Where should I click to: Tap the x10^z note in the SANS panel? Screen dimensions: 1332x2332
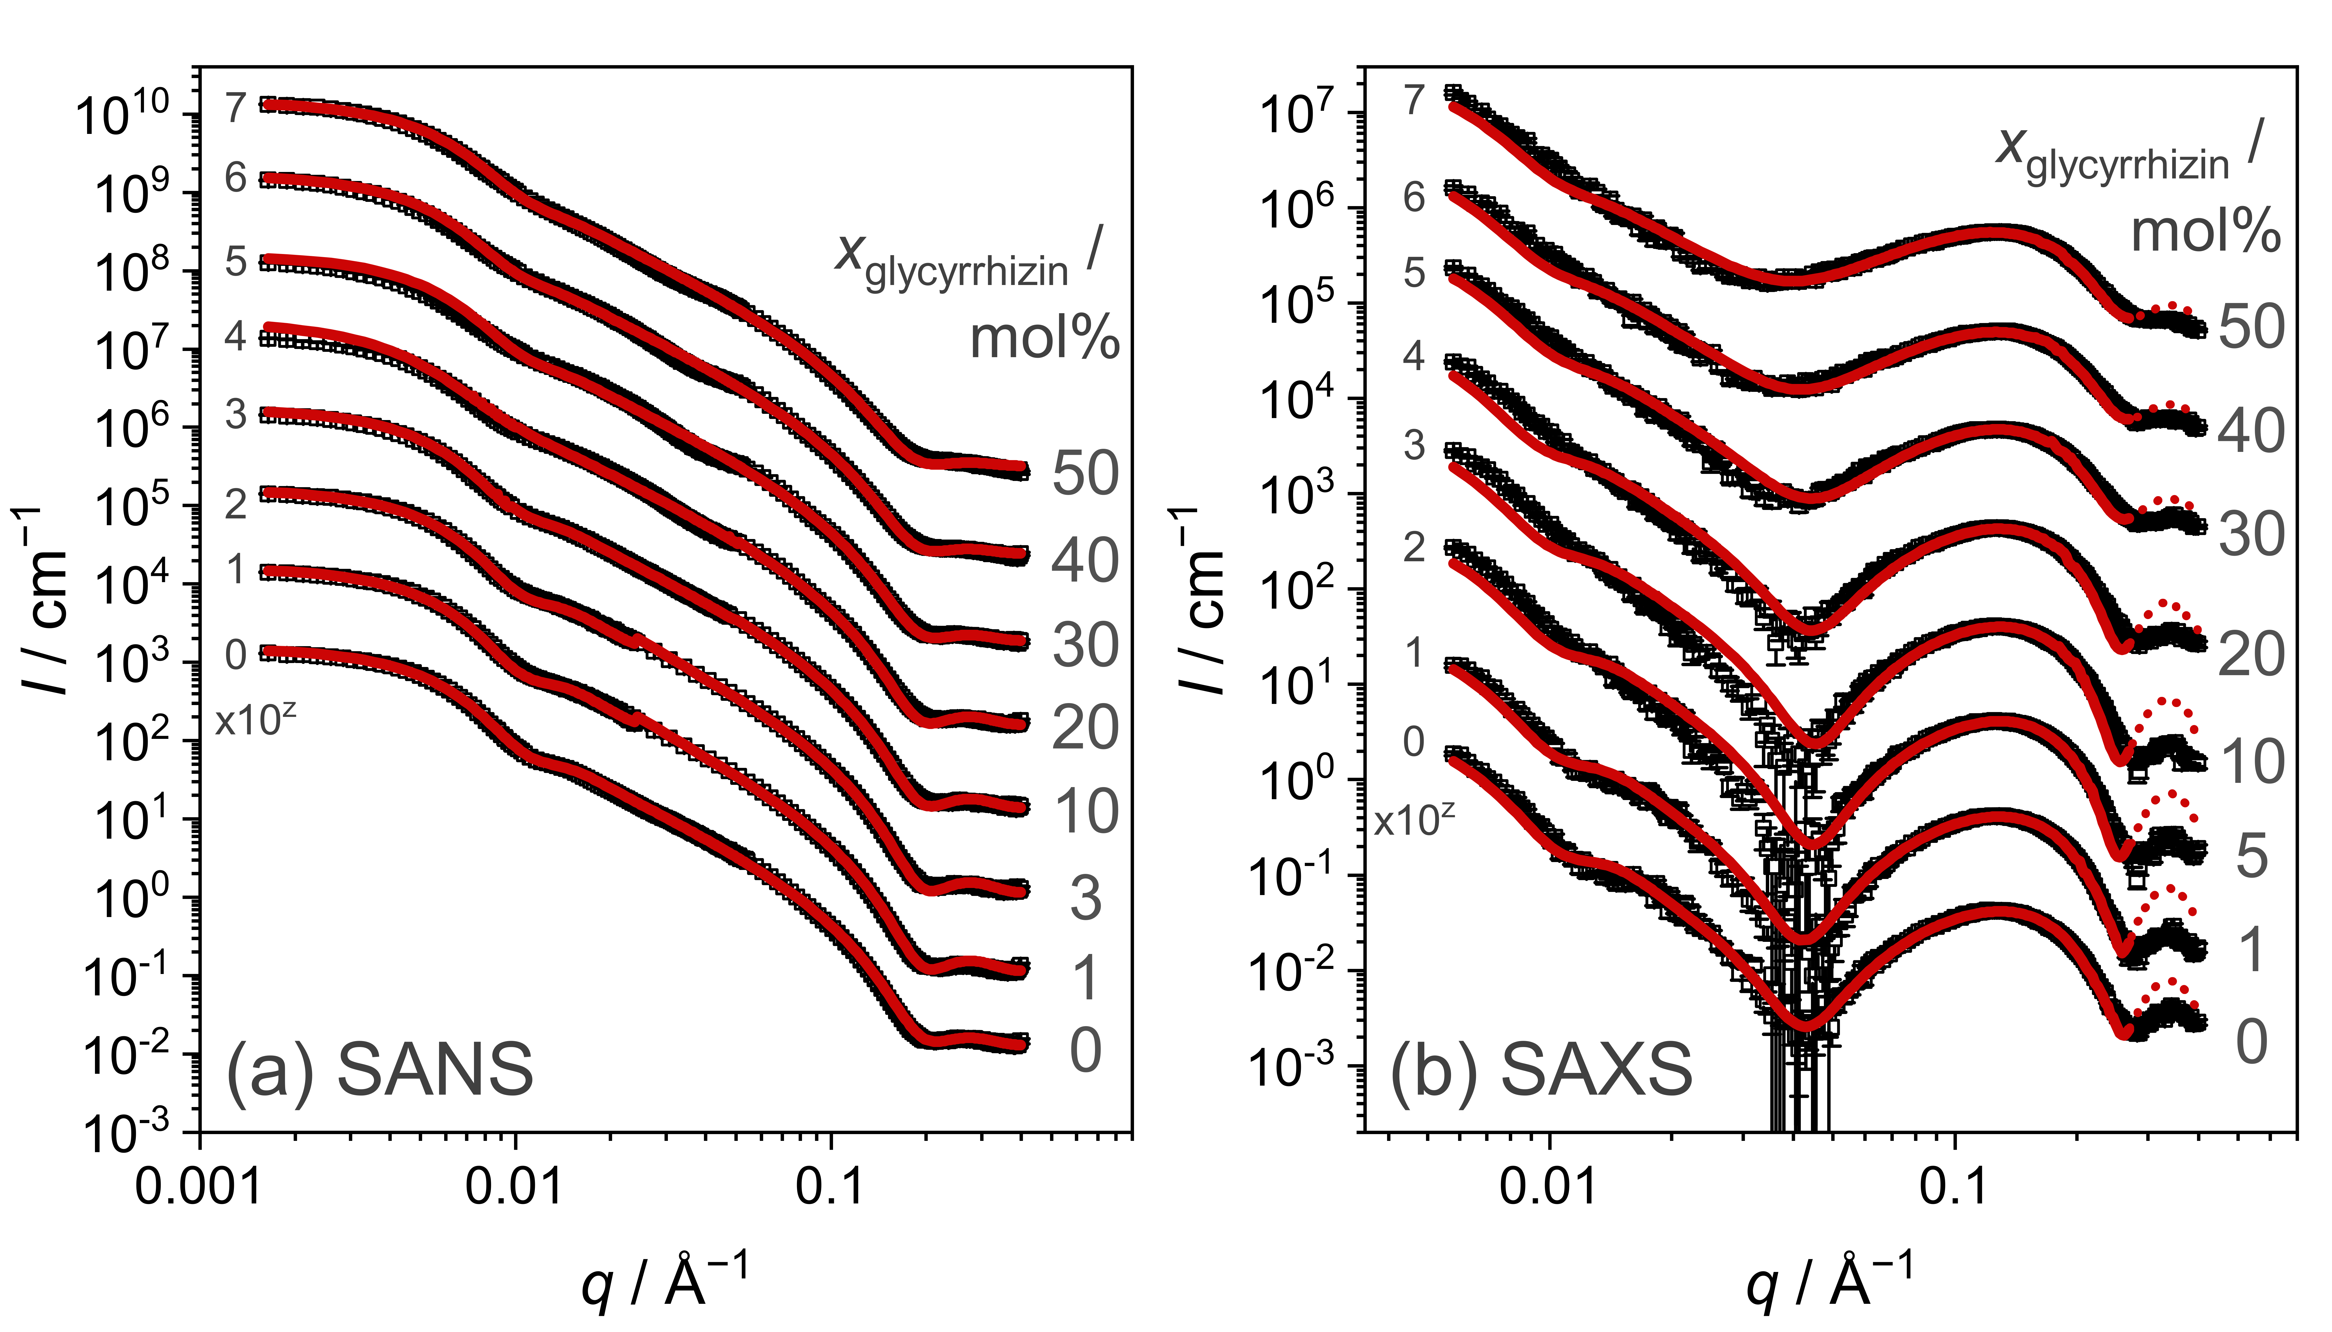point(255,721)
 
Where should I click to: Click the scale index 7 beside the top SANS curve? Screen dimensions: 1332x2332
point(236,108)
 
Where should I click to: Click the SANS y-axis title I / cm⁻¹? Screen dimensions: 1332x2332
point(48,599)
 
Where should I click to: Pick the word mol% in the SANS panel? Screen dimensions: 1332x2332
point(1044,337)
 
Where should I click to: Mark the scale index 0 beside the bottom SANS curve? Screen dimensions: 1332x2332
point(236,655)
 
